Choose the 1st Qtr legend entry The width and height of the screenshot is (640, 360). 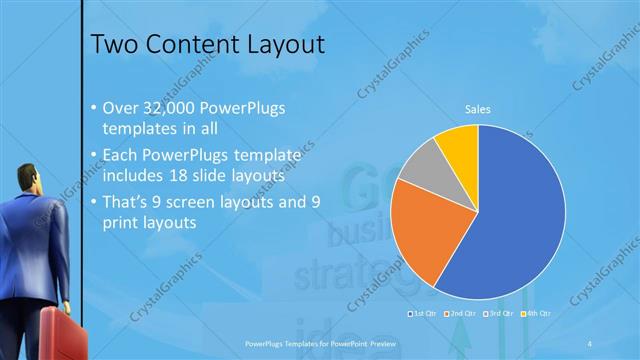pos(424,314)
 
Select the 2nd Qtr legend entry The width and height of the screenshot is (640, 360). pos(461,314)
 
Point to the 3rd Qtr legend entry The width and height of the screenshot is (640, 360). pos(497,314)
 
